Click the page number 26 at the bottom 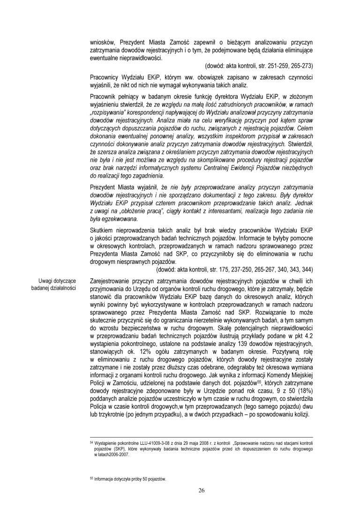[x=201, y=490]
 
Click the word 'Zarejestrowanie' [x=109, y=281]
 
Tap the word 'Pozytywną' [x=281, y=354]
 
